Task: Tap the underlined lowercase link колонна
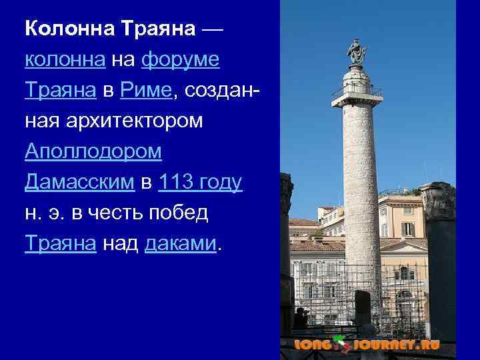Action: pos(64,60)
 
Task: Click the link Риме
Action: pos(145,91)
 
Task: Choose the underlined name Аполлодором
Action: pos(93,151)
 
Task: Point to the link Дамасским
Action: pos(79,182)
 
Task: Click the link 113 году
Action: pos(200,182)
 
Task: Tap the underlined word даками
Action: pos(180,243)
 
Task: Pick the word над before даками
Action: pos(121,243)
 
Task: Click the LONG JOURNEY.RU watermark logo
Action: pos(367,345)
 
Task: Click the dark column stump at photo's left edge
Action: pos(286,253)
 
